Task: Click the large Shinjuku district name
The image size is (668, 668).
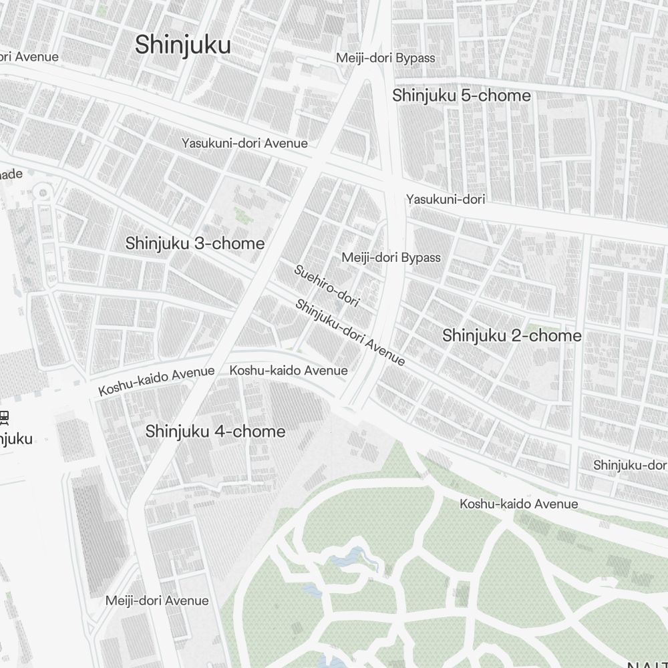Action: tap(183, 45)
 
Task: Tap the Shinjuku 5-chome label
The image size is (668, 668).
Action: tap(462, 96)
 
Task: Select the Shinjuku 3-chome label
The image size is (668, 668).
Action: tap(195, 243)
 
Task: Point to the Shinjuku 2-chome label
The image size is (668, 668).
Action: tap(512, 335)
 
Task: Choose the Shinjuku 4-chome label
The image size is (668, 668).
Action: tap(215, 432)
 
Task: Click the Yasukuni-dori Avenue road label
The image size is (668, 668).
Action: tap(244, 143)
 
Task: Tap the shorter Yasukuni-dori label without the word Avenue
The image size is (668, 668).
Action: tap(446, 199)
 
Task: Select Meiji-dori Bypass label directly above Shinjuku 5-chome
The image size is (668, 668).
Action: tap(385, 58)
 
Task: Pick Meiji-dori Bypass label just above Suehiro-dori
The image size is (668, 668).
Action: tap(391, 257)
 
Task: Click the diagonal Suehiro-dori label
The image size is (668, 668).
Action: tap(327, 286)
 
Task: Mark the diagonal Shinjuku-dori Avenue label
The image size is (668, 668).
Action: tap(350, 333)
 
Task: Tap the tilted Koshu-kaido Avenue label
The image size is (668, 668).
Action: tap(156, 380)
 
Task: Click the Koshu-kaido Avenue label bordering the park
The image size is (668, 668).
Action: tap(518, 504)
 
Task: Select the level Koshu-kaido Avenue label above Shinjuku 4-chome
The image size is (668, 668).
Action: tap(289, 370)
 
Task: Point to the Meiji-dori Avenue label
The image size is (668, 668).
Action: tap(157, 601)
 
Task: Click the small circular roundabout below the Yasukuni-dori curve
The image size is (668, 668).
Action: tap(43, 193)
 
